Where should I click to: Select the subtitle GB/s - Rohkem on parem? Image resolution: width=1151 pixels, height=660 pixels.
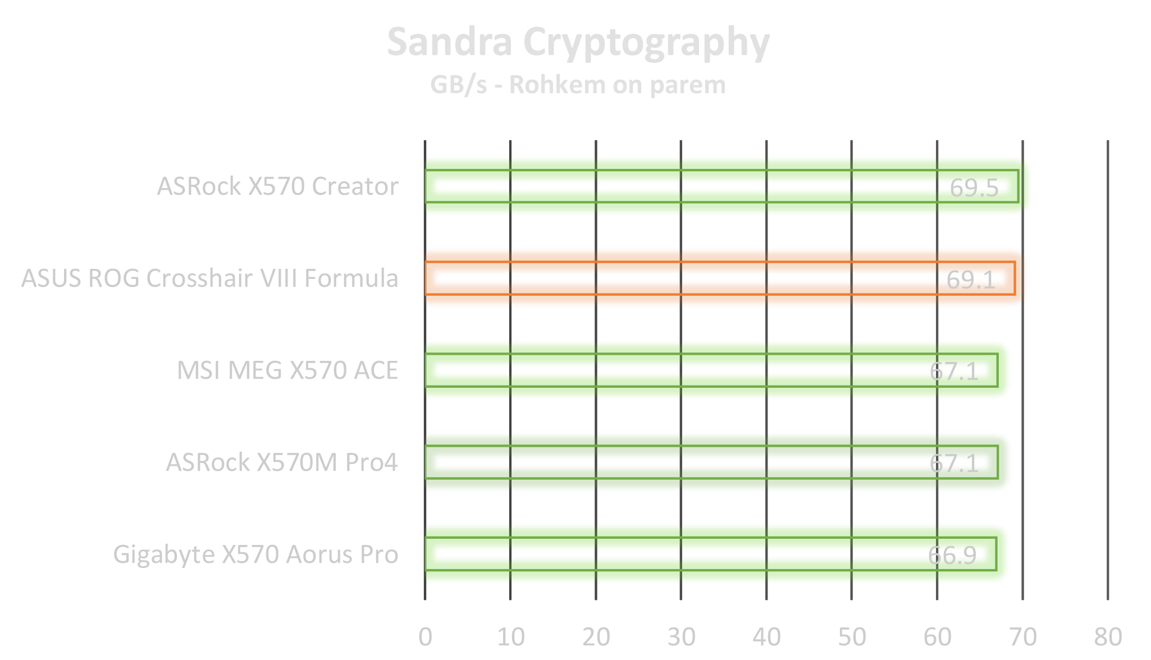point(578,85)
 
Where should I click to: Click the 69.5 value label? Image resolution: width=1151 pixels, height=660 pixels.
point(974,188)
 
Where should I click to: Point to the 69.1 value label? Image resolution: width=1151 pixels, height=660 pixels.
point(971,279)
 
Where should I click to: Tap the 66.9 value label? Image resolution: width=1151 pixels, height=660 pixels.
point(952,556)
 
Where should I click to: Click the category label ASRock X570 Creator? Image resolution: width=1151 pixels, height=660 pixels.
point(277,186)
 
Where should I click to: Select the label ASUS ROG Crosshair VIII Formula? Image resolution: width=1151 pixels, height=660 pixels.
point(210,278)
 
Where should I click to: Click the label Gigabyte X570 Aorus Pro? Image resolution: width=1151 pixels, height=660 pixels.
point(255,554)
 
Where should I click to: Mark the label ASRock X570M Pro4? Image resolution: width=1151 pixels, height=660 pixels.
point(282,462)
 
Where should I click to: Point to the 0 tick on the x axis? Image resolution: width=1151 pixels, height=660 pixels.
point(426,636)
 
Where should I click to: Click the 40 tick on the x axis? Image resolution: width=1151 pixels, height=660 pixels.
point(766,636)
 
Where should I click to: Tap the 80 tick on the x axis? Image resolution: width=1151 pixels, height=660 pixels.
point(1108,636)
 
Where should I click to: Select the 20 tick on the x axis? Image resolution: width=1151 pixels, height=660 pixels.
point(596,636)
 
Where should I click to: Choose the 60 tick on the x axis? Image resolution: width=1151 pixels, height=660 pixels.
point(937,636)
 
